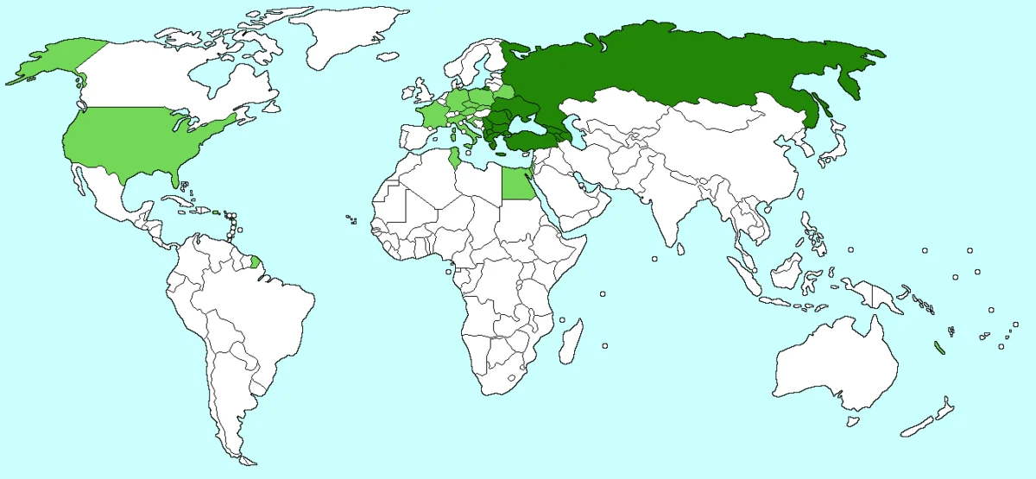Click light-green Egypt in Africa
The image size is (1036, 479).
pyautogui.click(x=516, y=184)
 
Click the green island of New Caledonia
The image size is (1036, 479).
pyautogui.click(x=938, y=348)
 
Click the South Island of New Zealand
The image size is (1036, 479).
pyautogui.click(x=919, y=426)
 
